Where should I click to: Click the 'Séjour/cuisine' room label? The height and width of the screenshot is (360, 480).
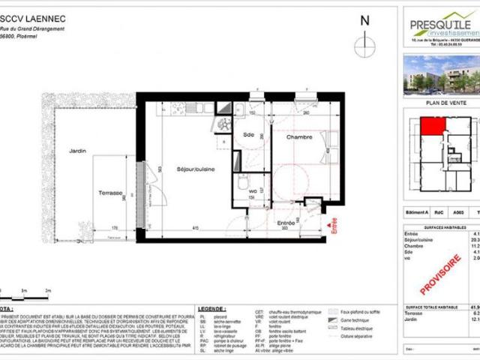click(x=195, y=170)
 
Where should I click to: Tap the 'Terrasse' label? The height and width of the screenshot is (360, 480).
click(x=110, y=193)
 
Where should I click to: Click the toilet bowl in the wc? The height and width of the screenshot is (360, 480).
click(x=243, y=182)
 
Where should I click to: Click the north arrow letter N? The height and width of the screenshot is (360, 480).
click(x=365, y=21)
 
